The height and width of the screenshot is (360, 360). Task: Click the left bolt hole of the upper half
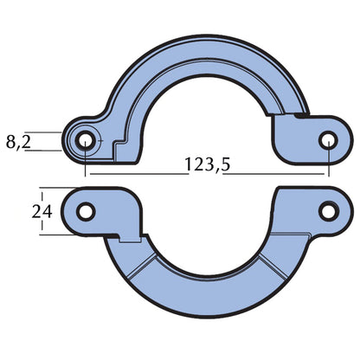pos(86,140)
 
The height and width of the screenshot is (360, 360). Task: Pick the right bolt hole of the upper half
pos(327,139)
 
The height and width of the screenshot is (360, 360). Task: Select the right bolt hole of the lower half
pos(327,210)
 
